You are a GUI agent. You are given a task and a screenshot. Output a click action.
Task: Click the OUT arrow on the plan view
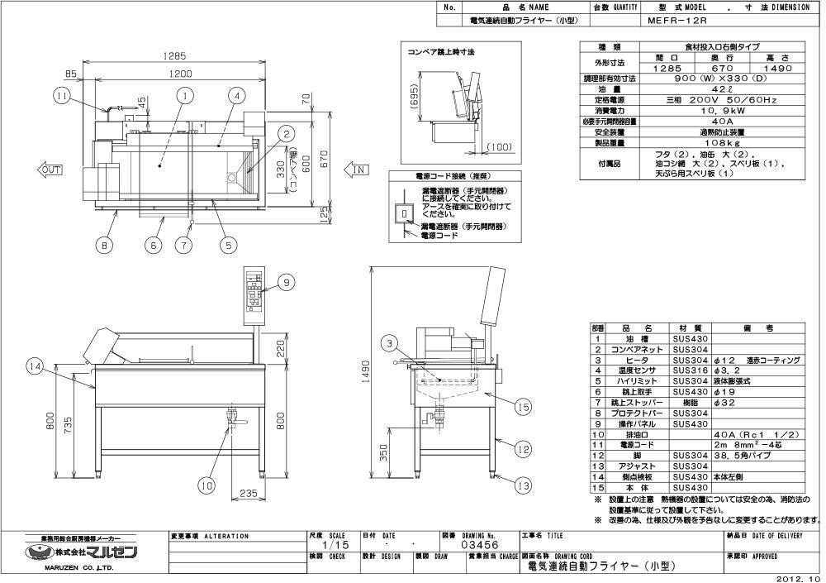50,170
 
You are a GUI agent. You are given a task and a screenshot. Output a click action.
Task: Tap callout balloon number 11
62,97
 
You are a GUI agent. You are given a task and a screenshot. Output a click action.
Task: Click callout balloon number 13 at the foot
521,486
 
